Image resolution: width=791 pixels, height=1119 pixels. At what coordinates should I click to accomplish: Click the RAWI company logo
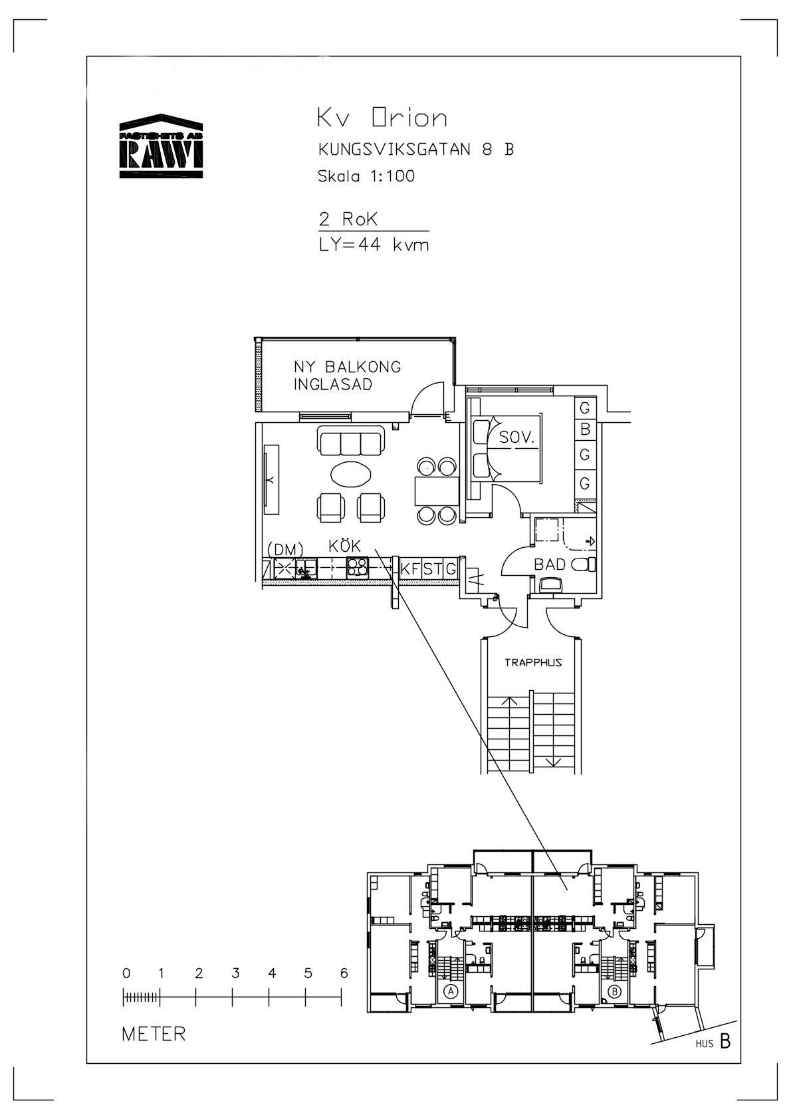click(161, 146)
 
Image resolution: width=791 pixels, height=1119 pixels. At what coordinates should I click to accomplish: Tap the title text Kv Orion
click(382, 118)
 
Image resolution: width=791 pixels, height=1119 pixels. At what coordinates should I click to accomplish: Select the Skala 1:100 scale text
click(366, 176)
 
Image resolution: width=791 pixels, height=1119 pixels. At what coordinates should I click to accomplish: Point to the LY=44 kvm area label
click(374, 245)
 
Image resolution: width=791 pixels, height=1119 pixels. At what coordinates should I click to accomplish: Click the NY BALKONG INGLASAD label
click(347, 375)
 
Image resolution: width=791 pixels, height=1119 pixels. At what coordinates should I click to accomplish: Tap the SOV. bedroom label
click(517, 437)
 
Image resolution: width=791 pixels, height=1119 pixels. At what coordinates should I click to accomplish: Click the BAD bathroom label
click(549, 564)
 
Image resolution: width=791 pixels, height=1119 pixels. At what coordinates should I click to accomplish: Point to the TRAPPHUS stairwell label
click(533, 663)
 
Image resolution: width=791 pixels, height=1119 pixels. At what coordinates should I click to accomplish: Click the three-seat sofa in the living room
click(350, 441)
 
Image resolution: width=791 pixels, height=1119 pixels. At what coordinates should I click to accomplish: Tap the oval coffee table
click(351, 473)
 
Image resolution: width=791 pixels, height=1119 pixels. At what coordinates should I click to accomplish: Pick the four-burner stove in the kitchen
click(358, 568)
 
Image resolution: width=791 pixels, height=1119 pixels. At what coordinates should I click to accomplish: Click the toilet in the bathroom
click(583, 564)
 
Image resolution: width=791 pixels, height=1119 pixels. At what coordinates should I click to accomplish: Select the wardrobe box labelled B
click(585, 429)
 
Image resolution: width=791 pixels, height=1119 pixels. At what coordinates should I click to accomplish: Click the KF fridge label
click(409, 569)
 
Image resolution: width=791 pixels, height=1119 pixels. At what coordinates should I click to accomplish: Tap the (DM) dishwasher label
click(285, 550)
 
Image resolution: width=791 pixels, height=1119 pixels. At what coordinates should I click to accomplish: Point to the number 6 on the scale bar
click(344, 973)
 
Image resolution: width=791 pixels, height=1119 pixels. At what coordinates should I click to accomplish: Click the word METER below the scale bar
click(154, 1034)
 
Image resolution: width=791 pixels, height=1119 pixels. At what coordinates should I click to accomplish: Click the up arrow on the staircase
click(509, 716)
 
